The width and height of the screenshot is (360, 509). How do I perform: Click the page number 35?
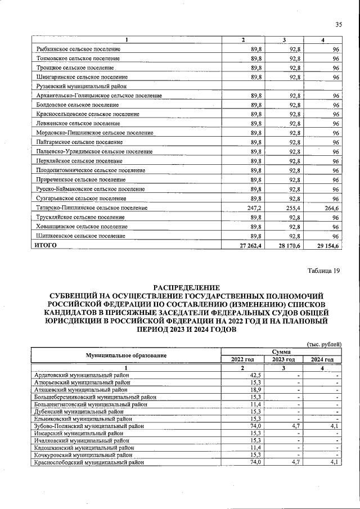[339, 24]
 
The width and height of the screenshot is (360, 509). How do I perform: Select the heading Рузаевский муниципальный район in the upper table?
[80, 86]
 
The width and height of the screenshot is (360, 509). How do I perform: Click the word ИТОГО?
[47, 246]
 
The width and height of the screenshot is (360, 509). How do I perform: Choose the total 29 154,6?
[328, 246]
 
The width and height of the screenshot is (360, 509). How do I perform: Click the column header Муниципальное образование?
[126, 355]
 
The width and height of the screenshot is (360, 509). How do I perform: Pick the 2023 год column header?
[283, 359]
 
